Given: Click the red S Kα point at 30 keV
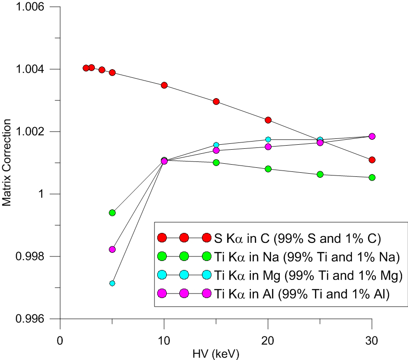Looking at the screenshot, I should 372,160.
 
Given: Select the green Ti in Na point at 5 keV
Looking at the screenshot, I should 112,213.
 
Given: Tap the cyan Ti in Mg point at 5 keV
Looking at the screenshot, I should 112,283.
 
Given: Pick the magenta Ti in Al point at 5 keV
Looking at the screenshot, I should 112,249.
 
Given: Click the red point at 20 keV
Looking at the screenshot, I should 268,120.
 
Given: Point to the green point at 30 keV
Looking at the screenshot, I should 372,177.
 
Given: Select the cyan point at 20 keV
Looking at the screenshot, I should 268,139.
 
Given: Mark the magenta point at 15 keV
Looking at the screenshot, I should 216,150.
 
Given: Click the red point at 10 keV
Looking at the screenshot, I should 164,85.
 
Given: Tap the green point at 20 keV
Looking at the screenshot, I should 268,169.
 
